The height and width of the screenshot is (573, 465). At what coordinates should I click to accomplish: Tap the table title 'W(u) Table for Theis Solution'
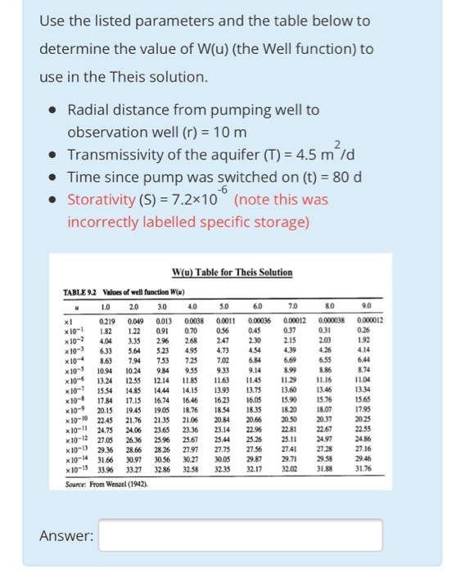(232, 272)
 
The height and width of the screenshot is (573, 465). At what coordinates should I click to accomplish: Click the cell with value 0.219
(106, 320)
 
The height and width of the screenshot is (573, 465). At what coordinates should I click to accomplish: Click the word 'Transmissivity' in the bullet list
(116, 155)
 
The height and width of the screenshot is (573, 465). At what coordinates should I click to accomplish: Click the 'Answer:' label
(65, 537)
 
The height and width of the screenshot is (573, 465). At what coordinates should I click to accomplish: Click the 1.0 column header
(106, 307)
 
